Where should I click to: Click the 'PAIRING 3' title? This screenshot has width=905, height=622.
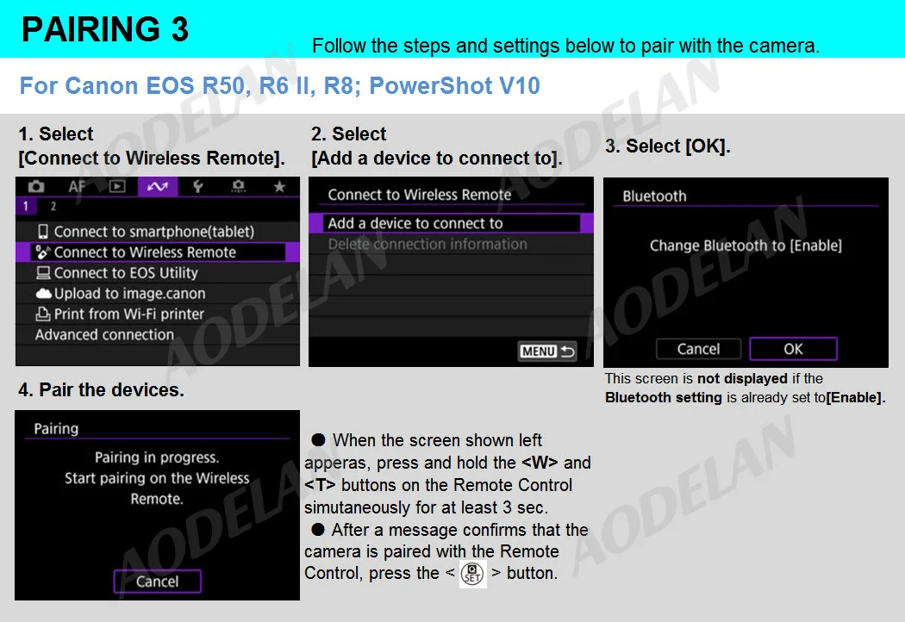(105, 28)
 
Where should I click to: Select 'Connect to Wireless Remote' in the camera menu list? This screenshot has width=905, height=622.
(144, 252)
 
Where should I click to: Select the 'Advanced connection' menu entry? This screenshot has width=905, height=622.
(104, 334)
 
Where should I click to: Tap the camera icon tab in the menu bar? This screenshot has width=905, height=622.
(36, 186)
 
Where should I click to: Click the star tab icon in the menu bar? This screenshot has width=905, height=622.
(279, 186)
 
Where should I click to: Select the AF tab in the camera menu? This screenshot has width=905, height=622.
(77, 186)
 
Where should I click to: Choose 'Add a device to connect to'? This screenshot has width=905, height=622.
(415, 223)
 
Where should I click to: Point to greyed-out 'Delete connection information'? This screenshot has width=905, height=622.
(428, 244)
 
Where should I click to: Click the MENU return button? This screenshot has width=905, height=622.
(547, 351)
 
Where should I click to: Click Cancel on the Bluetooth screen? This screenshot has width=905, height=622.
(698, 349)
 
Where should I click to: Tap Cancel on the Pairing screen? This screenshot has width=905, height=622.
(158, 582)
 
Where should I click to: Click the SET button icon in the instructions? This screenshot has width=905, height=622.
(472, 574)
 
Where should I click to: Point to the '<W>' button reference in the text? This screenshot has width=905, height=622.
(540, 463)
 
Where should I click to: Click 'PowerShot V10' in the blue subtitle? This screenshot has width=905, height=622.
(455, 86)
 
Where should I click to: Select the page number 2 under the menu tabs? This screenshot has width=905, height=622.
(53, 206)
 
